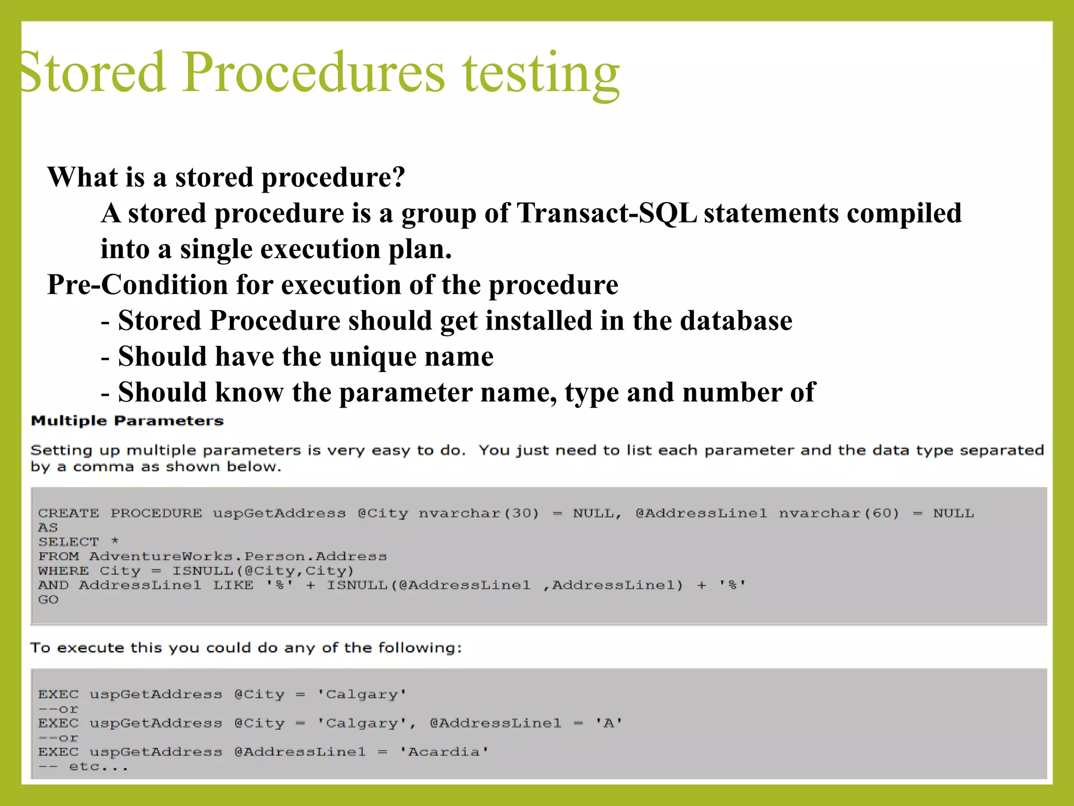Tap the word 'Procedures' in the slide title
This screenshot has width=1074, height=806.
point(314,72)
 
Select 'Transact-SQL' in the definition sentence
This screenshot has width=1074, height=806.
point(607,213)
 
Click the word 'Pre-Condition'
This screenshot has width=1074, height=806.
point(137,285)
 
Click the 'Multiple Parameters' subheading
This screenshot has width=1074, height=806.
point(127,421)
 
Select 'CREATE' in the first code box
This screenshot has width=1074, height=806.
point(68,513)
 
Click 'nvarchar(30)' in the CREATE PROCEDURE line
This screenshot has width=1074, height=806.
point(478,513)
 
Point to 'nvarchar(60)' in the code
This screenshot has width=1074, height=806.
point(839,513)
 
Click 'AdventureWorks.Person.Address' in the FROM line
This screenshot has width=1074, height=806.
point(238,556)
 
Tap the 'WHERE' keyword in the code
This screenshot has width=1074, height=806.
point(63,571)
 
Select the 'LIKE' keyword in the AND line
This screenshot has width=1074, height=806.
point(233,585)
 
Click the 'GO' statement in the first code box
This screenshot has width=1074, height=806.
point(48,600)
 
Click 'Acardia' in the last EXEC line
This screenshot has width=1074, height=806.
point(444,752)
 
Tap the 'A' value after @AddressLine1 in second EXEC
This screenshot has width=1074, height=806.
point(608,724)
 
